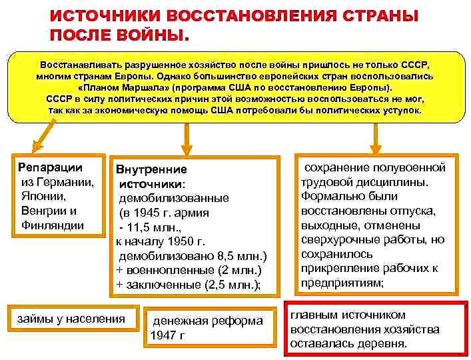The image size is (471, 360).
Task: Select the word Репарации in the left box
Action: tap(50, 167)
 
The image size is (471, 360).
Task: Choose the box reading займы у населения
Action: tap(71, 319)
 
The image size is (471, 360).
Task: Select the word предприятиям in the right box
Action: tap(342, 283)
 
